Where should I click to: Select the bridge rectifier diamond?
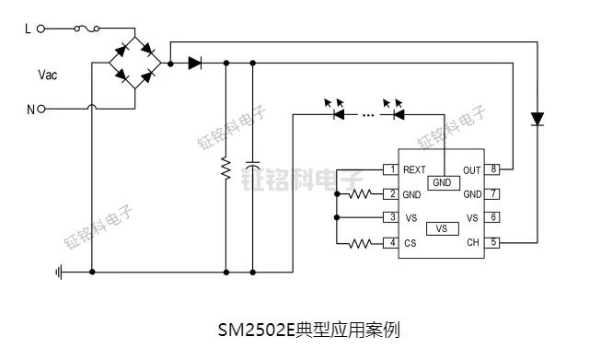tap(136, 64)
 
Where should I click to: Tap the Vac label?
tap(47, 75)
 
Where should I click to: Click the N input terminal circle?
tap(41, 109)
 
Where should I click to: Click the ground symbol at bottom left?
tap(59, 272)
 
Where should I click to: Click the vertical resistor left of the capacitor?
tap(226, 168)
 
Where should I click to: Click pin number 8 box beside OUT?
tap(494, 169)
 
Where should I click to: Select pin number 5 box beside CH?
tap(494, 242)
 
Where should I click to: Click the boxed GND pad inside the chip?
tap(443, 182)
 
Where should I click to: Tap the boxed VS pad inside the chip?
tap(442, 228)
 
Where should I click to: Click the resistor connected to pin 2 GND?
tap(361, 194)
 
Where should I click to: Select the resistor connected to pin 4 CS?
tap(361, 243)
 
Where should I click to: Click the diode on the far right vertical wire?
tap(537, 119)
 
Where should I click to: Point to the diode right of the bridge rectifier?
tap(194, 64)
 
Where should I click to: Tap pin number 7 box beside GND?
tap(494, 194)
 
